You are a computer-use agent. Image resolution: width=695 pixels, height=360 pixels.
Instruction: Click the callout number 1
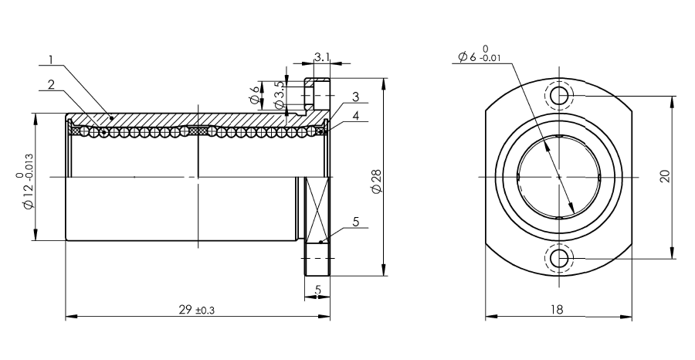pos(52,59)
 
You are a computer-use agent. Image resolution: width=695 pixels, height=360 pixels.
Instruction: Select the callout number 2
pos(52,84)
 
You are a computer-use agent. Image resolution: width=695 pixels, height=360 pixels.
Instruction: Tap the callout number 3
pos(355,97)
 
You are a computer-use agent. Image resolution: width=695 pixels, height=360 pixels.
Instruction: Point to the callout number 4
pos(355,116)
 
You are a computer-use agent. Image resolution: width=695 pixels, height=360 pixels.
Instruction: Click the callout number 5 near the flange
pos(356,222)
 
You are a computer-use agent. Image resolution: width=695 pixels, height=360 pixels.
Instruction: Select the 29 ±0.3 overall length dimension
pos(197,310)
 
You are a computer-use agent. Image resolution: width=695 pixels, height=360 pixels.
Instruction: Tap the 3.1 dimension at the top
pos(322,56)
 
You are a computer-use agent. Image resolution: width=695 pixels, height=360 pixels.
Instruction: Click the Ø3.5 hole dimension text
pos(279,94)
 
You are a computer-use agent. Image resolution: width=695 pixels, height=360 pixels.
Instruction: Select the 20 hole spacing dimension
pos(665,176)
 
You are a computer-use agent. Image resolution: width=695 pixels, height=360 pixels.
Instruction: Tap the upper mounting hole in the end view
pos(559,95)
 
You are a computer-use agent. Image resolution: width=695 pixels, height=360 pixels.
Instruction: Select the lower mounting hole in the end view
pos(559,257)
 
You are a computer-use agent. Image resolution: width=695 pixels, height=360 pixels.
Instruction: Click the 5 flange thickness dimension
pos(317,290)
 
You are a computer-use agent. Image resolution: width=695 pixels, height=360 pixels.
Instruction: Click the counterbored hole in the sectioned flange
pos(317,95)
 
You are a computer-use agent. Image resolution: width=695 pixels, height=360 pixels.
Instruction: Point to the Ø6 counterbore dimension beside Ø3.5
pos(254,95)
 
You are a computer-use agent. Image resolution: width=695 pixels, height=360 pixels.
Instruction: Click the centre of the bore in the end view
pos(559,176)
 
